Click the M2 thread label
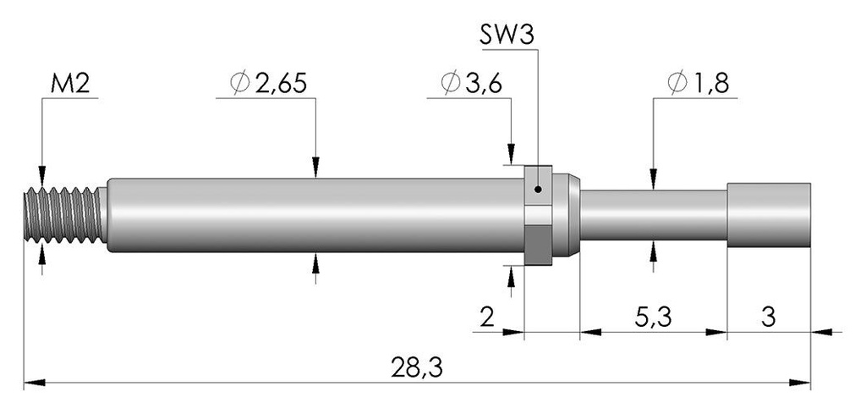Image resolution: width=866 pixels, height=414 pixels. (x=69, y=85)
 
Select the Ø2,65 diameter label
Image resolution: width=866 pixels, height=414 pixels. (x=268, y=83)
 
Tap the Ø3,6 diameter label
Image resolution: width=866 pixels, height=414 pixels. (x=471, y=83)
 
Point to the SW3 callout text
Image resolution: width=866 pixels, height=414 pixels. (x=507, y=36)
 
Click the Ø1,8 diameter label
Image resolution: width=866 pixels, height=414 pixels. (x=698, y=83)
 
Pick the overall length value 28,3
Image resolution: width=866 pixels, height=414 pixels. (x=417, y=368)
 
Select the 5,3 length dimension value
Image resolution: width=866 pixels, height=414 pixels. (x=653, y=317)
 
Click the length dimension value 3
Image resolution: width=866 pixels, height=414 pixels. (x=768, y=317)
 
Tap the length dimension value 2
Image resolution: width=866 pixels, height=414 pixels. (x=486, y=317)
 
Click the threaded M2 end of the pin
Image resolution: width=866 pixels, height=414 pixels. (x=65, y=214)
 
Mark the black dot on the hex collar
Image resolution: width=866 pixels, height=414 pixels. (x=539, y=190)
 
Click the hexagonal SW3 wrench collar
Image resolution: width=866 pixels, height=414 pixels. (x=538, y=215)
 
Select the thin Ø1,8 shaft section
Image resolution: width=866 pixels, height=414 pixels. (x=653, y=215)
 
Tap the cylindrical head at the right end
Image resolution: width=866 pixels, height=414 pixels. (x=769, y=215)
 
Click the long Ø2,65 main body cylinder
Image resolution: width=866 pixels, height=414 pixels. (x=315, y=215)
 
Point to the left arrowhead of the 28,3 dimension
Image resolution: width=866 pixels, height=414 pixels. (x=34, y=383)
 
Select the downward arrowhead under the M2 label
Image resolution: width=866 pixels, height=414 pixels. (x=42, y=176)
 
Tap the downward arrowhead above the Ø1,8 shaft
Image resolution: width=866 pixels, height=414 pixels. (x=653, y=179)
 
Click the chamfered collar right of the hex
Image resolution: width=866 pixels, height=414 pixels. (x=566, y=215)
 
